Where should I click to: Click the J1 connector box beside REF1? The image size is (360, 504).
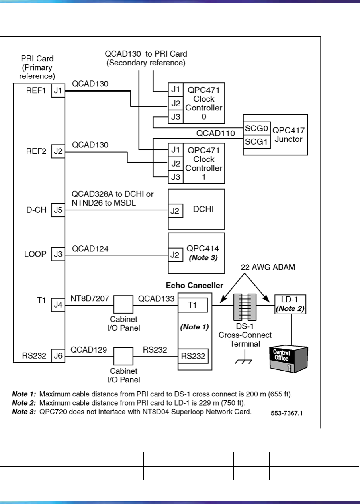coord(58,91)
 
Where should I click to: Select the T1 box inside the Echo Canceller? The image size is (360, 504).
coord(193,305)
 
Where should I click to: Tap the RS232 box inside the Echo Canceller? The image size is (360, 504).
coord(193,355)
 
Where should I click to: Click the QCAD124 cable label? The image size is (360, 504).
coord(90,249)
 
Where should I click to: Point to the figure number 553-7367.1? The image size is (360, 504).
coord(286,413)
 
